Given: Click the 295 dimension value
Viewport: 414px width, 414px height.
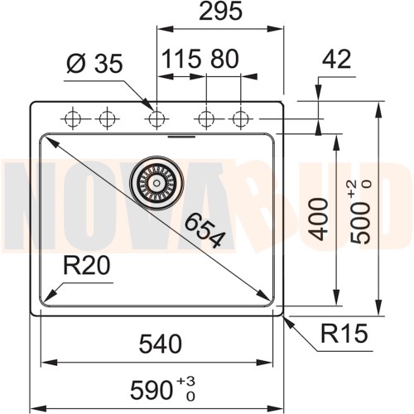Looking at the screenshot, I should (220, 12).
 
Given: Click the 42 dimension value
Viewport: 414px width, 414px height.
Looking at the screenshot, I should (336, 59).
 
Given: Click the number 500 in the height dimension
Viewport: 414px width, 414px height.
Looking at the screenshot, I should (362, 224).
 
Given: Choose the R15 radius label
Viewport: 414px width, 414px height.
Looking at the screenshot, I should (343, 335).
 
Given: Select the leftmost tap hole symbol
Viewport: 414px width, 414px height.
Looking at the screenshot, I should (72, 118).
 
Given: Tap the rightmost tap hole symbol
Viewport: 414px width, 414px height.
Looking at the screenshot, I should (240, 118).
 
